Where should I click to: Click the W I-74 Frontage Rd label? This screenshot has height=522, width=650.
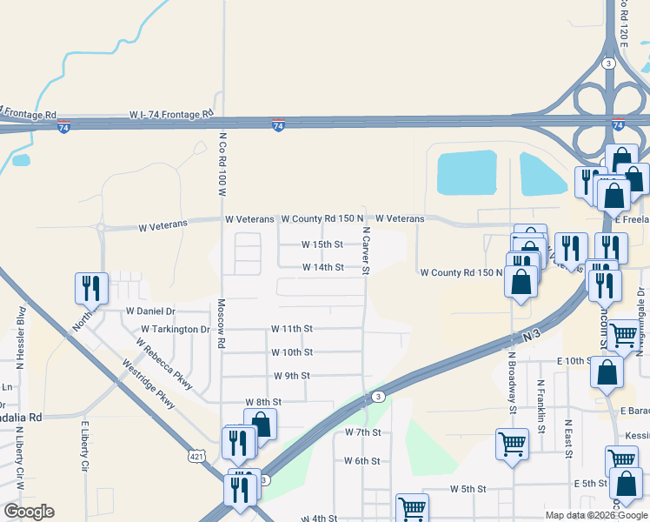tap(171, 114)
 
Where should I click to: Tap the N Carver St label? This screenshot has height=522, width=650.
tap(367, 251)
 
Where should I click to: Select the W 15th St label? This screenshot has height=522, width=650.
tap(322, 244)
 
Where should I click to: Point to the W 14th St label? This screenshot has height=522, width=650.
tap(322, 267)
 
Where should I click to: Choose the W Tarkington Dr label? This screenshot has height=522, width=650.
tap(176, 330)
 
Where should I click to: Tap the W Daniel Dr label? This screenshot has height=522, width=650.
tap(150, 311)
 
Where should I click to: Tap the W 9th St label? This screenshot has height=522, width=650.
tap(292, 376)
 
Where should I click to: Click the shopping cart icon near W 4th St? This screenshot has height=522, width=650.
tap(412, 508)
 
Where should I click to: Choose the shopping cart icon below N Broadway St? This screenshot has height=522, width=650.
tap(512, 443)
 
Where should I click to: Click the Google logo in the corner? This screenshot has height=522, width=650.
tap(29, 512)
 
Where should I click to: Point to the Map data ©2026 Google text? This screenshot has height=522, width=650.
tap(596, 515)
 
